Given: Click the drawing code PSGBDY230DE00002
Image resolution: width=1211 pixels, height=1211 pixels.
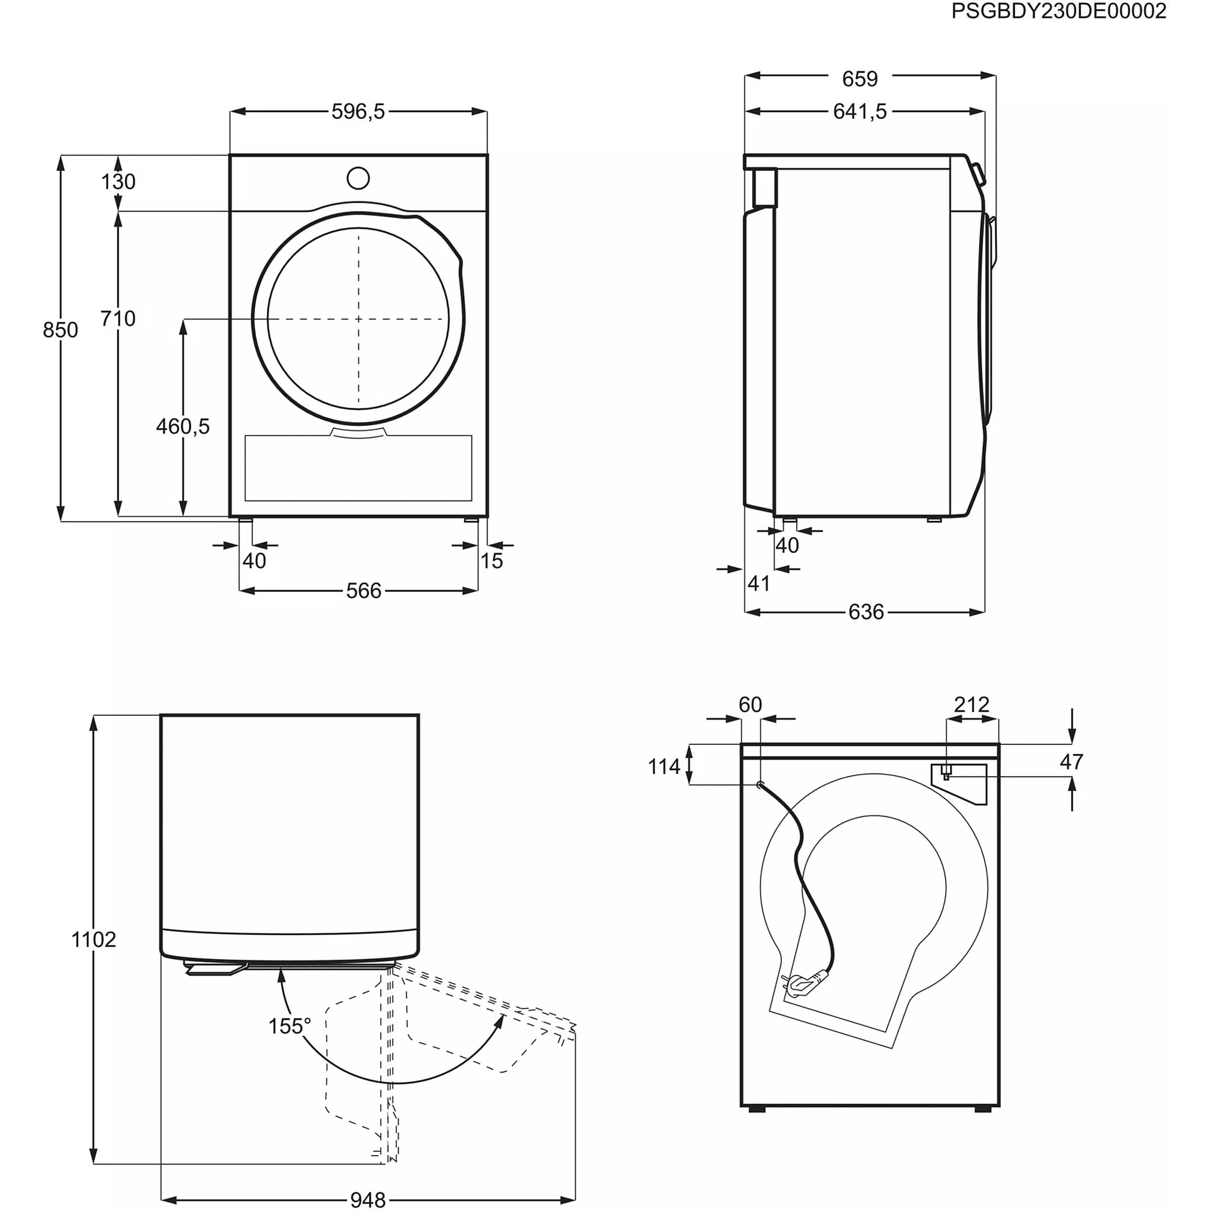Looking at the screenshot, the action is pos(1058,11).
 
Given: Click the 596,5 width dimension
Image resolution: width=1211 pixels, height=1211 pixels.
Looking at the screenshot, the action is pos(358,111).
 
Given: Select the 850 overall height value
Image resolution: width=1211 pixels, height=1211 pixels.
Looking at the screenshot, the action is pos(60,330).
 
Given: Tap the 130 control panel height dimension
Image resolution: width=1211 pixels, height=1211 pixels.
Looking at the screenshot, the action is pos(118,182).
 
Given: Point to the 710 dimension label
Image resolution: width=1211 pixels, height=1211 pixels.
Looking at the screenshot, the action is pos(118,318).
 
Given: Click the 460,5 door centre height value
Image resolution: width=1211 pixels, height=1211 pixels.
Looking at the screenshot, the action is pos(182,426).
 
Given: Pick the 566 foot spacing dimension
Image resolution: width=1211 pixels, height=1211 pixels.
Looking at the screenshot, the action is pos(364,591).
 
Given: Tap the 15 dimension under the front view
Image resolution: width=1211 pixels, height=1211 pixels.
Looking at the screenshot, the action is pos(492,561).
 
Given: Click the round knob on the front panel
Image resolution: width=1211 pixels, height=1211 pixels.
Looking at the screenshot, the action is pos(358,178).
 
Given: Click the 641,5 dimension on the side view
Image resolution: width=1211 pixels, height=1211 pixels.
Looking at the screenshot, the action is pos(860,111).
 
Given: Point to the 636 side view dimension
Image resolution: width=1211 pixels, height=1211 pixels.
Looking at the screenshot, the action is pos(867,612).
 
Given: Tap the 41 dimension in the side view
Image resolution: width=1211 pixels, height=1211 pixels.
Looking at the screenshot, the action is pos(759,583).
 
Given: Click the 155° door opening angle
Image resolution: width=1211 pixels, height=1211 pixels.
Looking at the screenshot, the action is pos(290,1026).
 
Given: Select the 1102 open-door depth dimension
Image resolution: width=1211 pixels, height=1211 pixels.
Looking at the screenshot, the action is pos(94,940).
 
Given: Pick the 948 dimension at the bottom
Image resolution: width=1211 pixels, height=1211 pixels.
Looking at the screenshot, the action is pos(368,1200).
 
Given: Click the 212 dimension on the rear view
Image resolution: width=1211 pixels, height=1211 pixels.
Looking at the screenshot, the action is pos(971,704).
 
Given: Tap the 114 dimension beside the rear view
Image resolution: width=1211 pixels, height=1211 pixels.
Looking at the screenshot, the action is pos(664,766).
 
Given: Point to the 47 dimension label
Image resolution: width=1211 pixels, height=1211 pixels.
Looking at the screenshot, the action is pos(1071,762).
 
